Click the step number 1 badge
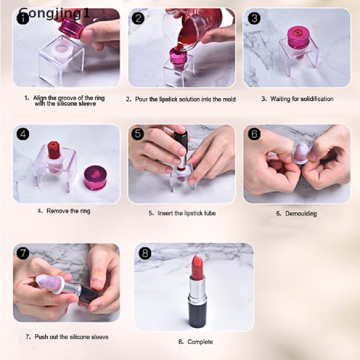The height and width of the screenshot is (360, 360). (x=23, y=18)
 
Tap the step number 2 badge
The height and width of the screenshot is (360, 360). (x=138, y=18)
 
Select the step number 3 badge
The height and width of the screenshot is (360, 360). (x=254, y=18)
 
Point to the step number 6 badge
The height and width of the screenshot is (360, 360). (x=255, y=134)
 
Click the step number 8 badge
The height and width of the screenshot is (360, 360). (x=145, y=253)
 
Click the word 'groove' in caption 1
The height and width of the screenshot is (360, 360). (x=67, y=98)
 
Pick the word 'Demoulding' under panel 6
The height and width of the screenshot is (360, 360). (x=301, y=213)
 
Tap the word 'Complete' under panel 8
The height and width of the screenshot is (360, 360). (x=200, y=342)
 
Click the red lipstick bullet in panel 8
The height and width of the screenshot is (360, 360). (x=197, y=267)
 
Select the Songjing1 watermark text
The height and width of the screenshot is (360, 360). (x=54, y=13)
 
